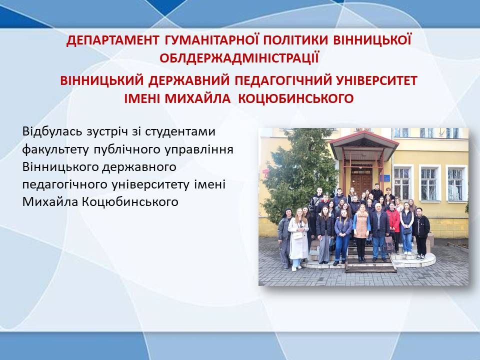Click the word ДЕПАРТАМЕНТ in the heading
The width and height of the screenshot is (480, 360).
pyautogui.click(x=112, y=40)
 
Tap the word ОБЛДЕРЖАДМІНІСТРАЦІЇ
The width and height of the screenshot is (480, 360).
pyautogui.click(x=239, y=58)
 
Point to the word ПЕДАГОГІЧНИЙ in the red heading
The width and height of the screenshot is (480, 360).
pyautogui.click(x=283, y=80)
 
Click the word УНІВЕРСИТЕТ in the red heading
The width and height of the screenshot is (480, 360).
pyautogui.click(x=376, y=80)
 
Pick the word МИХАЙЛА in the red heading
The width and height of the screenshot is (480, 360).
pyautogui.click(x=197, y=98)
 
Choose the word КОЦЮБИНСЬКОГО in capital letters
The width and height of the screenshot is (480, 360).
pyautogui.click(x=295, y=98)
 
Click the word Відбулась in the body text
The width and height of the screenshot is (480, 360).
pyautogui.click(x=52, y=131)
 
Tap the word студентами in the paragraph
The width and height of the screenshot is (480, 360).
pyautogui.click(x=180, y=131)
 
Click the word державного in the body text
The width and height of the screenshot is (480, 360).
pyautogui.click(x=139, y=167)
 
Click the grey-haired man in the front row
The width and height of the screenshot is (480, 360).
pyautogui.click(x=378, y=231)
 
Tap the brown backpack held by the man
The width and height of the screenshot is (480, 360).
pyautogui.click(x=389, y=243)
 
